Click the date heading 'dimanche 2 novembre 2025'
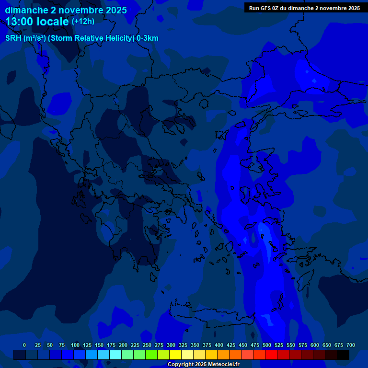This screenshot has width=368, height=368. click(x=66, y=10)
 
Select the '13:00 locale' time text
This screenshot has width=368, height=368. click(x=37, y=22)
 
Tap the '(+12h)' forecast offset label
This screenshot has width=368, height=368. click(x=83, y=21)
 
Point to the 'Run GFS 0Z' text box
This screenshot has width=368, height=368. click(x=304, y=8)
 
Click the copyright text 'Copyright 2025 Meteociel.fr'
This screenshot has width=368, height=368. click(x=203, y=364)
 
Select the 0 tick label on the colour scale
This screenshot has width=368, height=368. click(x=24, y=345)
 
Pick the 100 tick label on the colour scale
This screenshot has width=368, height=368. click(x=75, y=345)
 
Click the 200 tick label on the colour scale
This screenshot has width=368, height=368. click(x=123, y=345)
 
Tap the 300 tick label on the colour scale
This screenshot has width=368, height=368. click(x=171, y=345)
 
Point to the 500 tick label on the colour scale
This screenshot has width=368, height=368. click(x=267, y=345)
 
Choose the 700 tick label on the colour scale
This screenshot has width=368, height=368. click(x=351, y=345)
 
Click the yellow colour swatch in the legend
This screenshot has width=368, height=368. click(x=175, y=355)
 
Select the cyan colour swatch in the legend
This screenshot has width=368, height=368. click(x=115, y=355)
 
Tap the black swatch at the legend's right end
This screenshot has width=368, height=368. click(x=343, y=355)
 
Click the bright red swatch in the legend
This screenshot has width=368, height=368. click(x=271, y=355)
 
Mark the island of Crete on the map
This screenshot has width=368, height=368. click(x=211, y=316)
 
